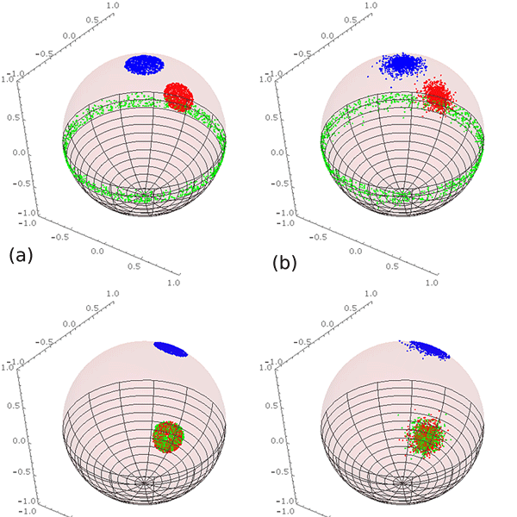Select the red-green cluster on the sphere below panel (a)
pyautogui.click(x=168, y=436)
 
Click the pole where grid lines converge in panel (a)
pyautogui.click(x=146, y=196)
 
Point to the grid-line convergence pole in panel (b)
pyautogui.click(x=402, y=196)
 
